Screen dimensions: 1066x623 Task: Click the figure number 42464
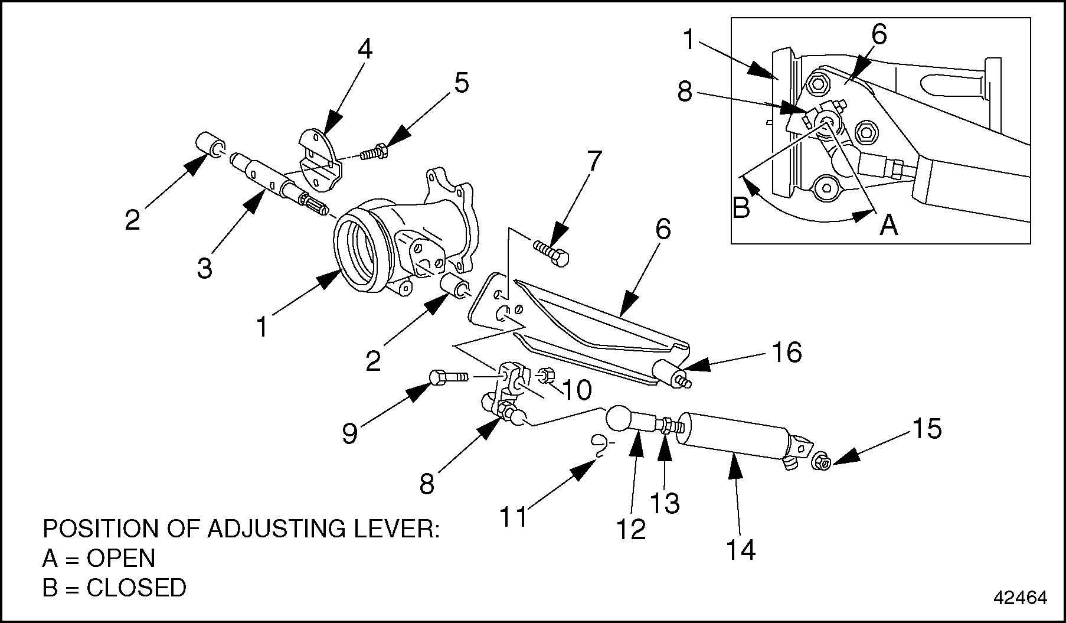point(1020,598)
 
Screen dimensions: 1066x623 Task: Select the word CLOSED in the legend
point(136,588)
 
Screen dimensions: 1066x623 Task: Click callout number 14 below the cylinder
point(740,550)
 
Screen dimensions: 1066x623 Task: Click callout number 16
point(787,353)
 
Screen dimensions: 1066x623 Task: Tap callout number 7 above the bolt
point(594,161)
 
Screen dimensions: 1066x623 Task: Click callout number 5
point(461,83)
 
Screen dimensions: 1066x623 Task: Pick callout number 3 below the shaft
point(204,269)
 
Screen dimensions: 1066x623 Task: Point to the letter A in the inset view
point(889,224)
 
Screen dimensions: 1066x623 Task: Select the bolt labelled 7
point(551,252)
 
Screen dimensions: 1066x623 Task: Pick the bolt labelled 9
point(449,376)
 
